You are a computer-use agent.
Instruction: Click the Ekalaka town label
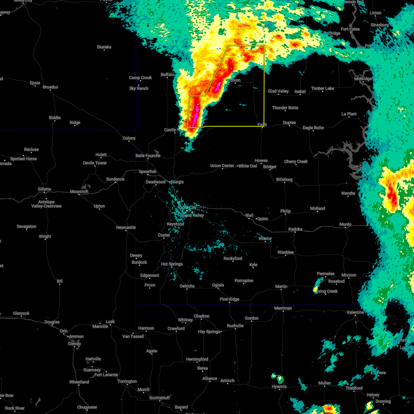[104, 47]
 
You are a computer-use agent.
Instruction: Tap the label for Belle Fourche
[148, 156]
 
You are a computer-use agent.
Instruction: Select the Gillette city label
[45, 189]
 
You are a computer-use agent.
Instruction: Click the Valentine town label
[355, 312]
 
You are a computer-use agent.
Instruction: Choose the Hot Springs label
[172, 264]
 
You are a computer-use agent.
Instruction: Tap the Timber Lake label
[322, 88]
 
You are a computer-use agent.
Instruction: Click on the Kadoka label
[295, 229]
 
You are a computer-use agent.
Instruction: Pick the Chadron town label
[201, 316]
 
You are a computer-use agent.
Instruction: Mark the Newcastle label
[126, 227]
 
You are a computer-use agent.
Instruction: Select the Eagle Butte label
[313, 128]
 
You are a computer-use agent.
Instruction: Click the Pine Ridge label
[229, 299]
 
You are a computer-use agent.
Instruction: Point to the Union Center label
[222, 166]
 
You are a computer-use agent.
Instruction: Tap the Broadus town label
[50, 87]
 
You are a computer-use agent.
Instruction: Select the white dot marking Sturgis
[169, 182]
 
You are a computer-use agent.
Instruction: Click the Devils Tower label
[95, 163]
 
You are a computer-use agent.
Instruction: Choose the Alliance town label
[210, 378]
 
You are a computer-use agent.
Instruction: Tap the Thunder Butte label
[285, 108]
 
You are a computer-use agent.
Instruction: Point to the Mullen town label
[324, 383]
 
